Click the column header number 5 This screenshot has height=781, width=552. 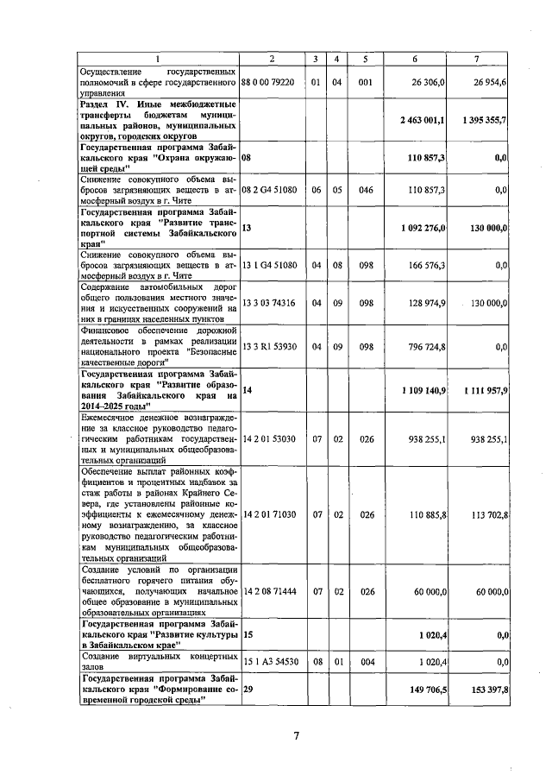(x=366, y=58)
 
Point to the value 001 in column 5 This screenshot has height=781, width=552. (x=366, y=82)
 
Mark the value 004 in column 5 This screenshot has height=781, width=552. (x=366, y=661)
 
